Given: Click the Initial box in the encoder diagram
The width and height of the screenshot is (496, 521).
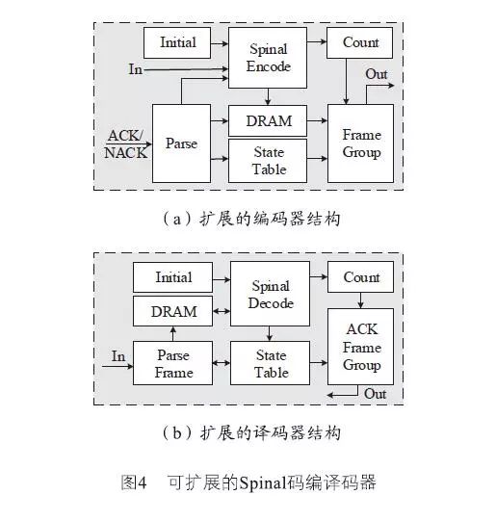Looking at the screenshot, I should [x=177, y=42].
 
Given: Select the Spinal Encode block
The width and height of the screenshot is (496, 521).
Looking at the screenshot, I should [x=268, y=58].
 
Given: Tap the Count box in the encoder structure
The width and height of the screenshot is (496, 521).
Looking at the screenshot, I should [x=360, y=42].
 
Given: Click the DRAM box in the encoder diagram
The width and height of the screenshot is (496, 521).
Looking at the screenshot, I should [x=268, y=121].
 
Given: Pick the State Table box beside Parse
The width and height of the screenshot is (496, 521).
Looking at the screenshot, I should [x=268, y=160].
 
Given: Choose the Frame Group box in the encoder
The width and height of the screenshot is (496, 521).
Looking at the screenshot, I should [x=360, y=143].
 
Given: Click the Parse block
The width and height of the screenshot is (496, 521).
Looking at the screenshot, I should [x=181, y=143].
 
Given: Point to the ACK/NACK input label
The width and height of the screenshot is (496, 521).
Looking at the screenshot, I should [x=126, y=143].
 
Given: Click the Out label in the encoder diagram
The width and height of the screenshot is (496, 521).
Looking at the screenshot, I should [x=377, y=74].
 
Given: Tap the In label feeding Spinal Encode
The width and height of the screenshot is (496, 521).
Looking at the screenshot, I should [x=138, y=69].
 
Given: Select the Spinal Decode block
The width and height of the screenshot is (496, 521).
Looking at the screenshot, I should [x=270, y=294].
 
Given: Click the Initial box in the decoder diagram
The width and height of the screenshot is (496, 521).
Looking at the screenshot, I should [x=173, y=277].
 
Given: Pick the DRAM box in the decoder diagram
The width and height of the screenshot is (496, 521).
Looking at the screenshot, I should [x=173, y=311].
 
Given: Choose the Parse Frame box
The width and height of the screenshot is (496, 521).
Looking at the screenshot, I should [x=173, y=364].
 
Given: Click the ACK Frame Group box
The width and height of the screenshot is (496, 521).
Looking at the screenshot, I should [x=361, y=347].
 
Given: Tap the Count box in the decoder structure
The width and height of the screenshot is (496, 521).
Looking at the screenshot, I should [x=361, y=277].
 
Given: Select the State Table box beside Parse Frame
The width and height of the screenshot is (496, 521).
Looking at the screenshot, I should [x=270, y=364].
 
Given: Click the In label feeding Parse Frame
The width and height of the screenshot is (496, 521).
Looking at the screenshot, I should [x=117, y=356].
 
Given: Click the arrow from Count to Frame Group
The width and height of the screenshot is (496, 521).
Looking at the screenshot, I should [x=347, y=81].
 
